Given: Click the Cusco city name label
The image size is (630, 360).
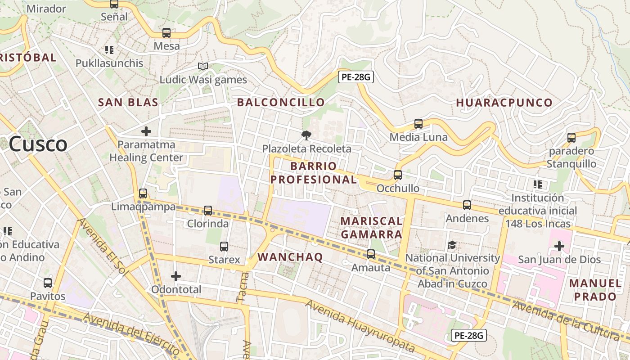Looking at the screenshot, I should [38, 144].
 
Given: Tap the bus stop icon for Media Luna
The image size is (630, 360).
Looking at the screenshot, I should [418, 124].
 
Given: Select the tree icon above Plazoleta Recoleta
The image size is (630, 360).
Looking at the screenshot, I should [306, 135].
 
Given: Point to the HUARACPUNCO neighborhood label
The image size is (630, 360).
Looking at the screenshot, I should [504, 103].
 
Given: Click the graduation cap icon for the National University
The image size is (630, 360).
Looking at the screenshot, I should [452, 245].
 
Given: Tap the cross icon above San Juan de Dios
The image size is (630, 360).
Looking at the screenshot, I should [559, 246].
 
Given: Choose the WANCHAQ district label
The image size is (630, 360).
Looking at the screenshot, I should [290, 257].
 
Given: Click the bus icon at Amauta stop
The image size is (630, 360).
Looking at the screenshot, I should [371, 254].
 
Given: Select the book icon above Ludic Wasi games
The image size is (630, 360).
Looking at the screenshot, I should [203, 67].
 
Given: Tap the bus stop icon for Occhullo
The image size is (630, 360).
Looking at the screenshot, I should [398, 175].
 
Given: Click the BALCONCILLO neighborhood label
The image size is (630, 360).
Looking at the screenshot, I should [281, 103].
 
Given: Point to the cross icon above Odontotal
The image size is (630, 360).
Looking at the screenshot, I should [176, 276].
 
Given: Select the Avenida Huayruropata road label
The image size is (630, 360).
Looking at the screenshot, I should [360, 326].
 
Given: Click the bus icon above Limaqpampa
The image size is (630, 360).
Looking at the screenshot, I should [143, 193].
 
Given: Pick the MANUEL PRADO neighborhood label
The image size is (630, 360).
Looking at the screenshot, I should [595, 290].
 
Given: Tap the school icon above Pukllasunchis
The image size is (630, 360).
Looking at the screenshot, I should [109, 50].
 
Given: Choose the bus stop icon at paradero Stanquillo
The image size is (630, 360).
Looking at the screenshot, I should [571, 138].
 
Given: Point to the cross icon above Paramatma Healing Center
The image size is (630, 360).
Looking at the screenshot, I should [146, 131].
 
